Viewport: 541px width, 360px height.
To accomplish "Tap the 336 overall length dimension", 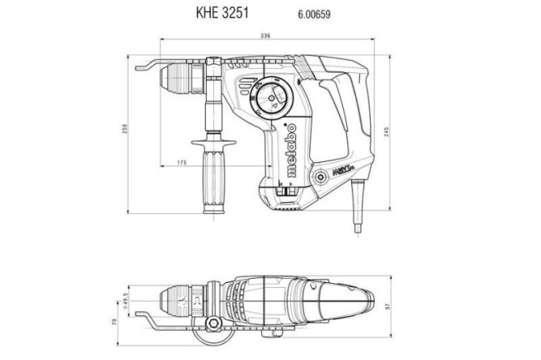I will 265,36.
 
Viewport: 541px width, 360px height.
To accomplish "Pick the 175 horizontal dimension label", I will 182,163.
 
